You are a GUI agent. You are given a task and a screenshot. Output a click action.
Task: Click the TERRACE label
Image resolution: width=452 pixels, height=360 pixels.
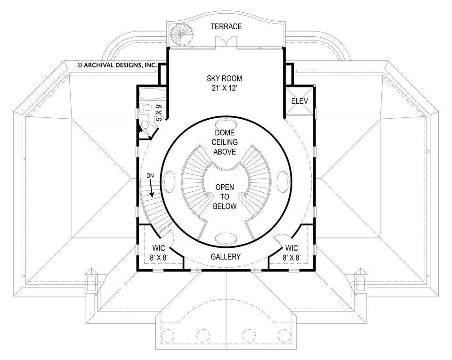coord(226,26)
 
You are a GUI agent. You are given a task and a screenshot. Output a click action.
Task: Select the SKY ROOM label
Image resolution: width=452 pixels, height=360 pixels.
coord(224,79)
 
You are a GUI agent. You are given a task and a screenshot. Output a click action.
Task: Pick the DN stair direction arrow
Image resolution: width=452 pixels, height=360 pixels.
coord(151,190)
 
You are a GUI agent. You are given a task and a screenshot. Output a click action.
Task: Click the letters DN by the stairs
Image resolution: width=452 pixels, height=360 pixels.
coord(150,176)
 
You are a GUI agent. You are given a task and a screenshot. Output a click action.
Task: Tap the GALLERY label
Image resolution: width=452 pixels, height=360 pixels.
coord(225,257)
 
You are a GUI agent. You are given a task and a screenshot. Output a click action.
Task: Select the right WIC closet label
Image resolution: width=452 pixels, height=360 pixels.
coord(292,248)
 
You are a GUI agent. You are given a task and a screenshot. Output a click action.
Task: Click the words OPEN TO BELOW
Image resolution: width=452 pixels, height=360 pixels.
coord(225,197)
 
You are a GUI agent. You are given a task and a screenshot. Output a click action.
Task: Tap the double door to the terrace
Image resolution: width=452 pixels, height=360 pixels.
coord(226,43)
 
